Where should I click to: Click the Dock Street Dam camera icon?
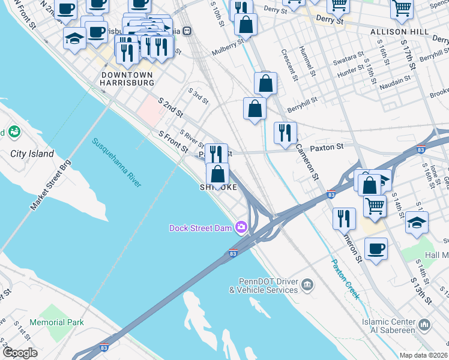tap(241, 227)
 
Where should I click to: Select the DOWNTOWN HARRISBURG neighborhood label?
tap(127, 79)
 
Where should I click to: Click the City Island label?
tap(32, 154)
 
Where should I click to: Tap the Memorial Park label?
tap(57, 322)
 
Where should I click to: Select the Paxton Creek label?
tap(345, 279)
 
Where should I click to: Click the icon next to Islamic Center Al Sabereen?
tap(424, 325)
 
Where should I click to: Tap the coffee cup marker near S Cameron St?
tap(376, 248)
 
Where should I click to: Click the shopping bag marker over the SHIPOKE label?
tap(217, 174)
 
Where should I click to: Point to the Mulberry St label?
tap(228, 48)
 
